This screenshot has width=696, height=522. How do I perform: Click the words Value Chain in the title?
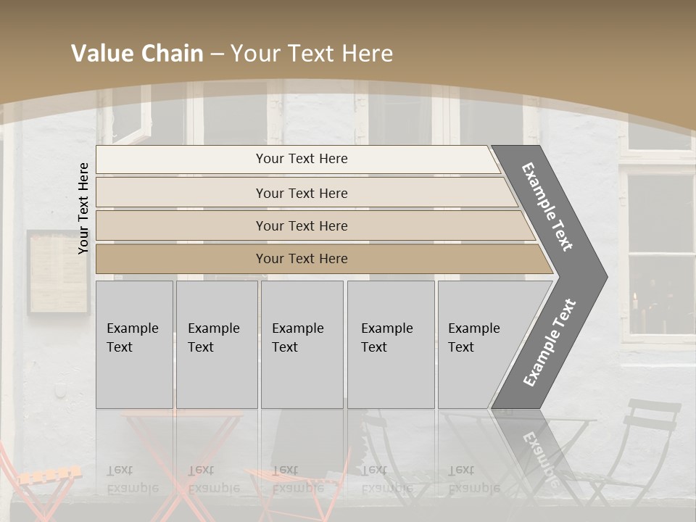[x=137, y=54]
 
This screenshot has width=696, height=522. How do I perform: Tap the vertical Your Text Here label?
[x=83, y=208]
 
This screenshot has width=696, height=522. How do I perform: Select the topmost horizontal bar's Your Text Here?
[x=302, y=159]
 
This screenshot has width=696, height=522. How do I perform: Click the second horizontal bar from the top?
[x=302, y=193]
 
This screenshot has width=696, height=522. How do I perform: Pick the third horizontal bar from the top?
[x=302, y=225]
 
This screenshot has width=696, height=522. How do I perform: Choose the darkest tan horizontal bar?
[x=302, y=259]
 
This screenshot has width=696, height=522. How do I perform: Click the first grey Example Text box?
[x=134, y=344]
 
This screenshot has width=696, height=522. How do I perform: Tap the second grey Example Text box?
[x=217, y=344]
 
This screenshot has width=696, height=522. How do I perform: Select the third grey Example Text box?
[x=302, y=344]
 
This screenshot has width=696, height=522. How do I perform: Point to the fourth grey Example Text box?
[x=391, y=344]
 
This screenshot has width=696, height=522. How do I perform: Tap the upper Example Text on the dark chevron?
[x=548, y=207]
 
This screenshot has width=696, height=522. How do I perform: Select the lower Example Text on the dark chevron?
[x=550, y=343]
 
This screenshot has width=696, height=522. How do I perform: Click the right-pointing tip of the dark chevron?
[x=603, y=276]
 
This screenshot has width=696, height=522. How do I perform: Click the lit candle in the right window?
[x=636, y=301]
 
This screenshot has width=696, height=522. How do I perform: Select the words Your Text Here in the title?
[x=312, y=54]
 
